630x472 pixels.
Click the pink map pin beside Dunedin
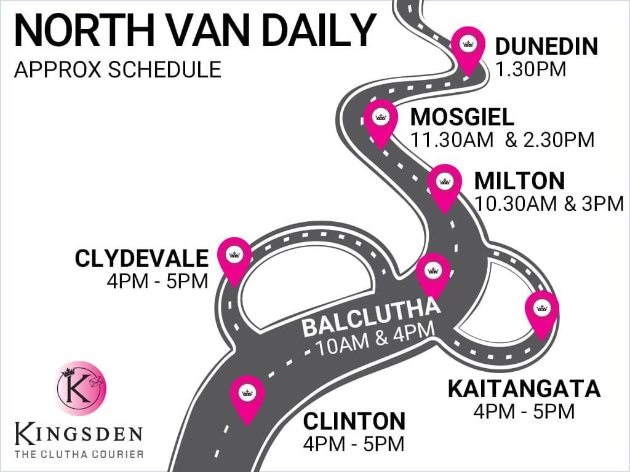pos(468,47)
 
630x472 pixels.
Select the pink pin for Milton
pos(445,184)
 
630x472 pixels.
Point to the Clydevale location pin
pos(234,256)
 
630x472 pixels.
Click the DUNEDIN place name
pos(546,47)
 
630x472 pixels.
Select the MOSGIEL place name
pos(462,117)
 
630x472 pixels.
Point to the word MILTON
pos(519,181)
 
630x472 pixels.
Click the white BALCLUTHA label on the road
pos(371,318)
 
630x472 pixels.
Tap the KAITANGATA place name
pos(524,389)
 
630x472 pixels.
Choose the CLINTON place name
pos(354,422)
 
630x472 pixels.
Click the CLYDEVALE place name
pos(142,259)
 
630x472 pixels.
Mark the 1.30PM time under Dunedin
pos(530,69)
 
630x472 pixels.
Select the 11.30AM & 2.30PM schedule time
pos(503,140)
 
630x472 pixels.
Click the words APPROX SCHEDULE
pos(118,69)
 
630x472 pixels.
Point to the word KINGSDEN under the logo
pos(79,434)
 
